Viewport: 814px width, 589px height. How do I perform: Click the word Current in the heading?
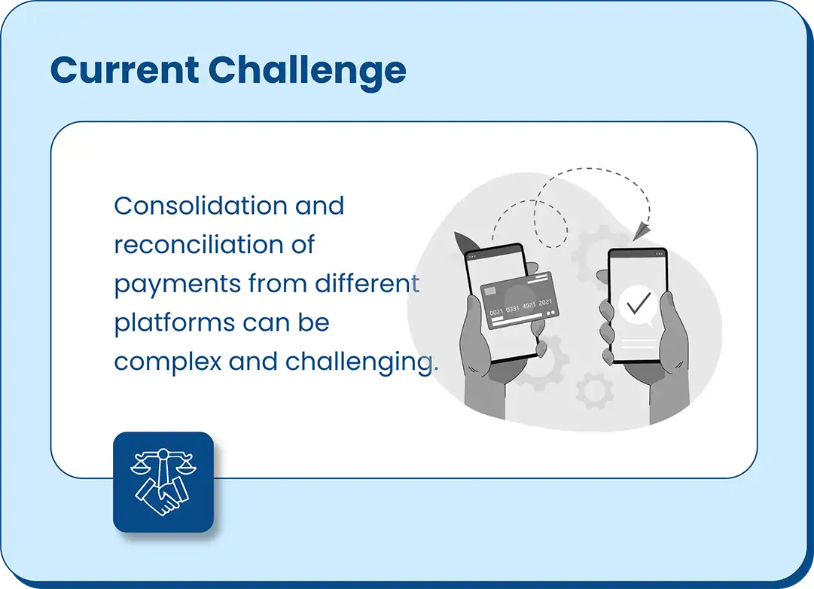point(124,70)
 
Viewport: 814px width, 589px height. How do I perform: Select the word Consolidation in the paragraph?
point(201,206)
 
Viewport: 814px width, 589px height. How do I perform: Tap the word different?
point(367,284)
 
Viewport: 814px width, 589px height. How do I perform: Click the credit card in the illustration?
point(520,301)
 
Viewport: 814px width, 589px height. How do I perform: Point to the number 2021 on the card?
point(545,302)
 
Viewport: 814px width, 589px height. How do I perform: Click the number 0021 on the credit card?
point(496,312)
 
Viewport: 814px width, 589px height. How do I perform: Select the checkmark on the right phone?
point(638,302)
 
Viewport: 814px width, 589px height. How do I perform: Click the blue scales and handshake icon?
point(163,482)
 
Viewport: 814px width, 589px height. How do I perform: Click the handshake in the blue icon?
point(162,496)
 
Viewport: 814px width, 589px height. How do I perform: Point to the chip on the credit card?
point(489,292)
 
